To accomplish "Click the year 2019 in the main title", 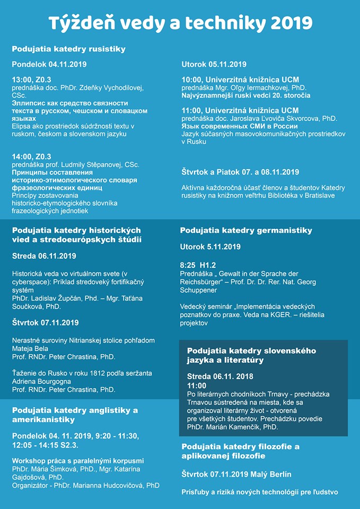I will coord(291,22).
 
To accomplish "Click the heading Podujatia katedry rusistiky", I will coord(68,49).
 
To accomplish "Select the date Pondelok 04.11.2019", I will coord(49,65).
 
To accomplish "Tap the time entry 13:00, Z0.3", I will coord(32,80).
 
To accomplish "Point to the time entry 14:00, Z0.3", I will coord(32,157).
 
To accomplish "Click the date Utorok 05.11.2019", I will coord(214,65).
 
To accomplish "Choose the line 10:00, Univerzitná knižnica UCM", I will coord(240,80).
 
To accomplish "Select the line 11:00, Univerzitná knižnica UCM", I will coord(240,110).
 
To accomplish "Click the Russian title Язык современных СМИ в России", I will coord(239,126).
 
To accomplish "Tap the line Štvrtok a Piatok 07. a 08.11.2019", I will coord(240,172).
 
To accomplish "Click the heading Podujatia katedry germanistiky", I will coord(246,231).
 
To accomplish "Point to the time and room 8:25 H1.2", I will coord(198,265).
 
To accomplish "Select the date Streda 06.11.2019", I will coord(44,256).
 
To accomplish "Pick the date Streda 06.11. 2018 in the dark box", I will coord(220,376).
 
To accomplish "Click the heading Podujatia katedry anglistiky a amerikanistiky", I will coord(75,415).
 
